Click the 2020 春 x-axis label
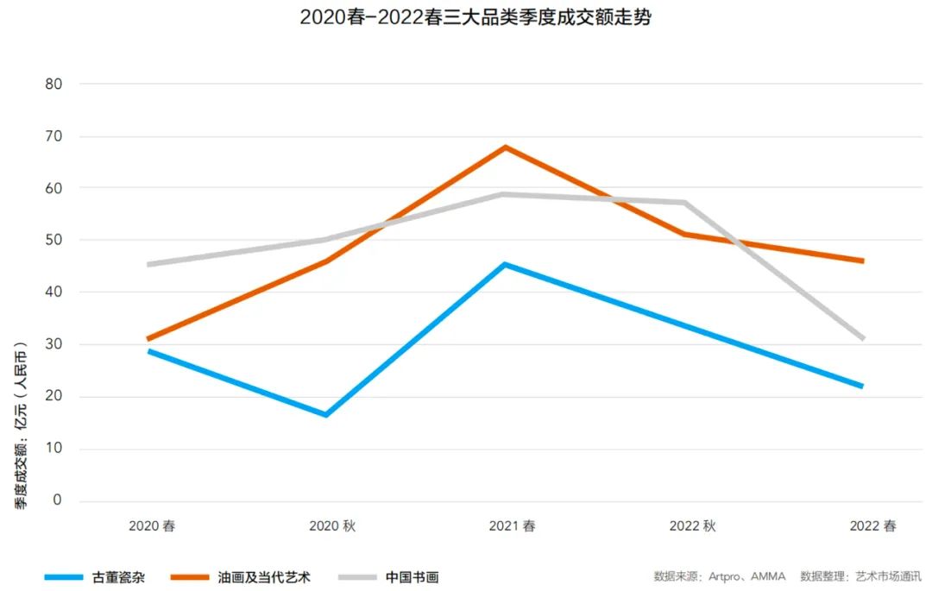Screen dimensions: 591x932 click(x=152, y=526)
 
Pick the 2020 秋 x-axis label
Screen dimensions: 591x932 click(x=332, y=526)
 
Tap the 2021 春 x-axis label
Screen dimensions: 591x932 click(x=512, y=526)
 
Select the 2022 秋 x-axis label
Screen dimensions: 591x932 click(x=692, y=526)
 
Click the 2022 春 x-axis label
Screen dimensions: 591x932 click(x=872, y=526)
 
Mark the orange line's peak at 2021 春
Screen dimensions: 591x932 click(x=506, y=147)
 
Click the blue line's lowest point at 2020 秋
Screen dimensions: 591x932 click(x=326, y=415)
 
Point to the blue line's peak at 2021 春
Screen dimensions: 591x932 click(x=506, y=264)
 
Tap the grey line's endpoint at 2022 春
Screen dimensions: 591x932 click(x=862, y=339)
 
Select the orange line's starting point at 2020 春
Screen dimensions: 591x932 click(x=148, y=339)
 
